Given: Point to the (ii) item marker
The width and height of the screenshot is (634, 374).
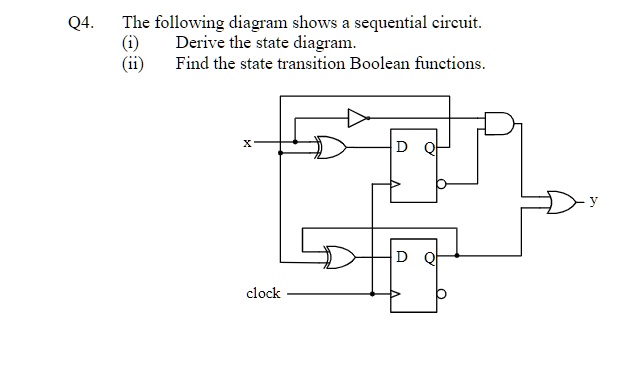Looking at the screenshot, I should click(131, 63).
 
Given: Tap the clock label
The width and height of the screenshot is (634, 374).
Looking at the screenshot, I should click(263, 293).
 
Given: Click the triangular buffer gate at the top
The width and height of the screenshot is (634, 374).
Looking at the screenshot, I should click(357, 118).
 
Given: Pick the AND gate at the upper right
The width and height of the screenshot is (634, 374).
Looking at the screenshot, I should click(498, 124).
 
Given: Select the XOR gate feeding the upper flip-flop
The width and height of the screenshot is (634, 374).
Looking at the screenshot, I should click(330, 148).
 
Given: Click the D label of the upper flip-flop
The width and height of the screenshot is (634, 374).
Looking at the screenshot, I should click(401, 146).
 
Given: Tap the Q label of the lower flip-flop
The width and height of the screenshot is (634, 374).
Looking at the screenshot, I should click(428, 256).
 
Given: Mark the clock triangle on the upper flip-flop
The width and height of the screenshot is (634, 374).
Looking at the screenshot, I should click(395, 184).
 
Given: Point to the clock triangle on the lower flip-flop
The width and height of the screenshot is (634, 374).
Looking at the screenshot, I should click(395, 294).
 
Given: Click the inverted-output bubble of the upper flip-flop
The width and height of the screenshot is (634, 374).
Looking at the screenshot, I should click(441, 184).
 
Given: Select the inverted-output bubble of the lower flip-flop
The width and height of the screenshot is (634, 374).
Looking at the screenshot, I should click(441, 294).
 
